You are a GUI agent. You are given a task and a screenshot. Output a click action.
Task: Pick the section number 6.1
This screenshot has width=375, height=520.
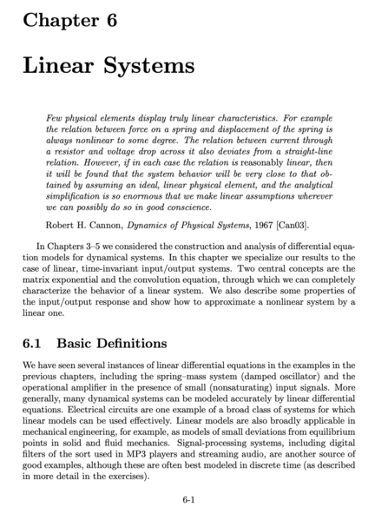pos(34,344)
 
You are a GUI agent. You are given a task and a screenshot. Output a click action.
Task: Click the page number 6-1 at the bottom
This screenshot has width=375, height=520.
pos(187,500)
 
